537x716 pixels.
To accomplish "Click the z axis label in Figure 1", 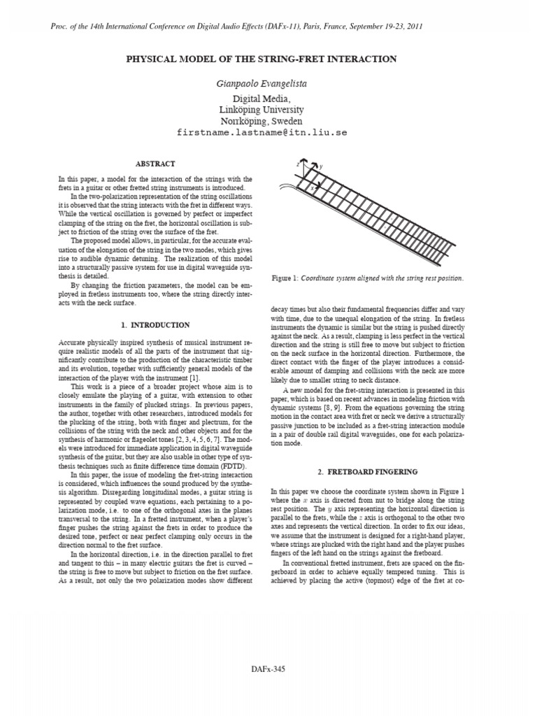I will (298, 162).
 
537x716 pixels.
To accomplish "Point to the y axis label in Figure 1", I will (321, 167).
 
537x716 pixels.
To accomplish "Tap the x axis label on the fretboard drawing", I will (313, 188).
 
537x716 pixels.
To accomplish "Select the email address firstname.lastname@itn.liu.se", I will (261, 131).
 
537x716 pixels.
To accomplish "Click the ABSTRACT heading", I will (155, 164).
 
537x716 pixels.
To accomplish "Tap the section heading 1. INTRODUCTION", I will (155, 325).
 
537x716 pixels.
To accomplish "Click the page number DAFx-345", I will (269, 688).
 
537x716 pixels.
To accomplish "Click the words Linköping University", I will (261, 110).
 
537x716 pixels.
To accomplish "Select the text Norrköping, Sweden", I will (261, 120).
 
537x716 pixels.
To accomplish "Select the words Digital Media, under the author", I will (261, 99).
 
